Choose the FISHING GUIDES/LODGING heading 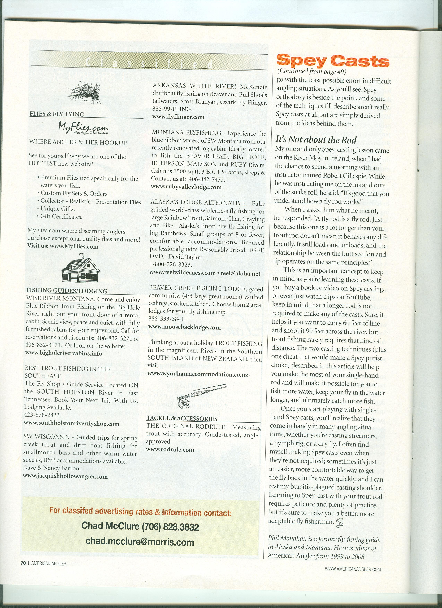67,291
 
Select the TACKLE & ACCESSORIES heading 182,418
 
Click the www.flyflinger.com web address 178,117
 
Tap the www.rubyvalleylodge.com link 186,187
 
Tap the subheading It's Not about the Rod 316,140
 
